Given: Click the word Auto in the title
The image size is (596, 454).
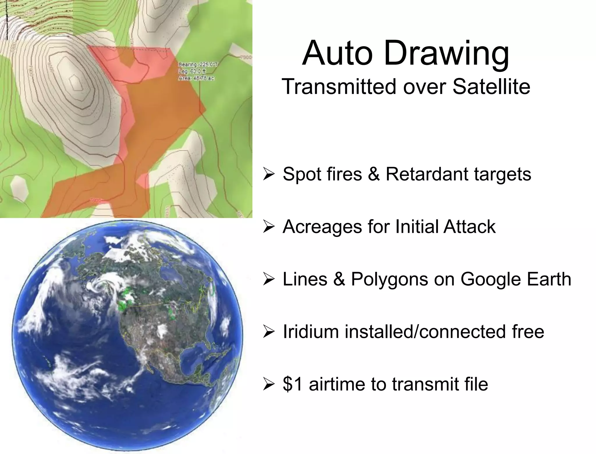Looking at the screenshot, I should [x=338, y=54].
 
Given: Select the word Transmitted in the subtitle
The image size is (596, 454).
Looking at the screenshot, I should [x=339, y=86].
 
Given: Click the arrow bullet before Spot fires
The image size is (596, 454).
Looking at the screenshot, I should [x=268, y=174].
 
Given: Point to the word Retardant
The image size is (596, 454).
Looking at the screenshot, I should [x=427, y=174].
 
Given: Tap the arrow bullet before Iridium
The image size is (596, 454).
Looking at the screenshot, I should [x=268, y=332].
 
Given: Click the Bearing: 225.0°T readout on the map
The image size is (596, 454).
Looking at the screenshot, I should [x=198, y=64].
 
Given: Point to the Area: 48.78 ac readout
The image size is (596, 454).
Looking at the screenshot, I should [x=196, y=78].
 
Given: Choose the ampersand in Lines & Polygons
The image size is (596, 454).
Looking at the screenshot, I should [x=339, y=279].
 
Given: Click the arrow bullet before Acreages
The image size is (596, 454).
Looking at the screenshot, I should [x=268, y=227].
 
